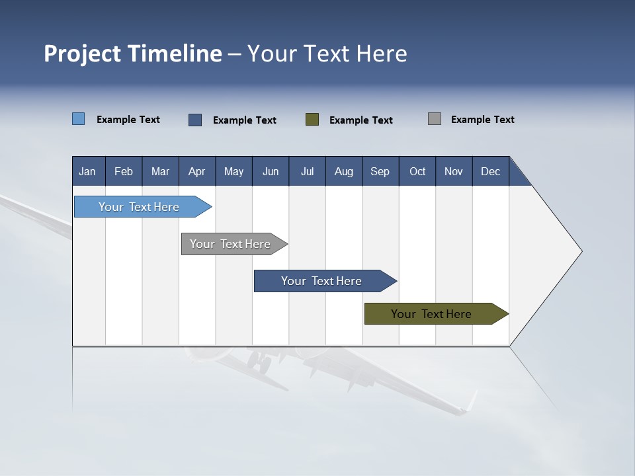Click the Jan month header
point(88,171)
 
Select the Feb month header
point(124,171)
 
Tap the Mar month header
point(160,171)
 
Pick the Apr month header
point(197,171)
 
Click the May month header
point(233,171)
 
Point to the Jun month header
point(271,171)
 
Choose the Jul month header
point(307,171)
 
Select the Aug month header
point(344,171)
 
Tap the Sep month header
point(380,171)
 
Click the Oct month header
point(417,171)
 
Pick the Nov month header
point(454,171)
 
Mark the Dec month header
point(491,171)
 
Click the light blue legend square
point(79,119)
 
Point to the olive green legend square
point(312,120)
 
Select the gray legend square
point(435,119)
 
